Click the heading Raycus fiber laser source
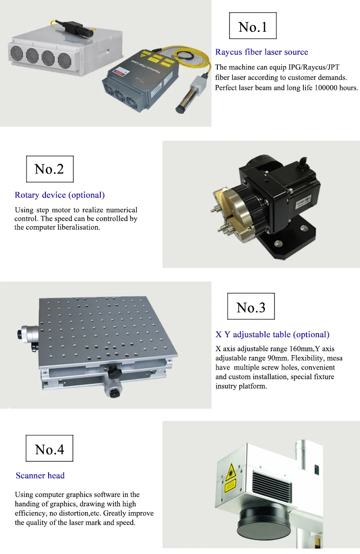click(261, 52)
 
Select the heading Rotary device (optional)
click(60, 195)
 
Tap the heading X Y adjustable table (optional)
click(272, 335)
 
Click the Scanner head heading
click(40, 475)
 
